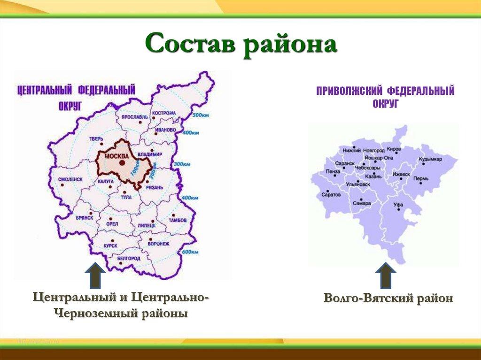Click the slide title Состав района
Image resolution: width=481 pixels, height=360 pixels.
pos(240,46)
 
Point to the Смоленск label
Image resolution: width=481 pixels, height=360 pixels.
pos(71,179)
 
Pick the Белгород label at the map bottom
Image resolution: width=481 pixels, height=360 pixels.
pos(128,258)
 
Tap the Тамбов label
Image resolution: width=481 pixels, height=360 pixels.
pos(178,220)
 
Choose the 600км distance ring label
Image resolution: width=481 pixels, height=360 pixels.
pos(189,252)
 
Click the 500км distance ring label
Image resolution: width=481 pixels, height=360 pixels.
pos(201,115)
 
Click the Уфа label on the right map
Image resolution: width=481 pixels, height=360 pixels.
pos(398,205)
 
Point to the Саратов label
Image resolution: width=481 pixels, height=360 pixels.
pos(331,194)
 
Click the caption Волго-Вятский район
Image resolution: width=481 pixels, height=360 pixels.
pos(388,299)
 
